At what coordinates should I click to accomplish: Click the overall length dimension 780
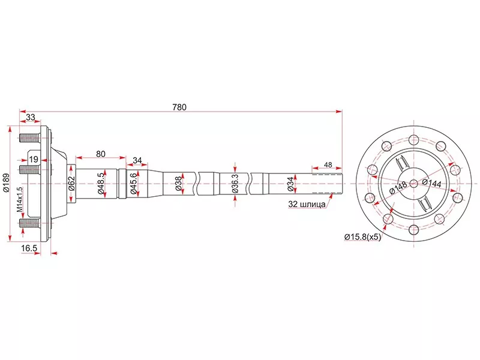pyautogui.click(x=179, y=107)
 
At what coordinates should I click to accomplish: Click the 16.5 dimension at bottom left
pyautogui.click(x=30, y=247)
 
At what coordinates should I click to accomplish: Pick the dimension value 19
pyautogui.click(x=34, y=159)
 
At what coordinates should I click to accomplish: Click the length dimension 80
pyautogui.click(x=100, y=154)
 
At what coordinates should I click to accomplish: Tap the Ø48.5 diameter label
pyautogui.click(x=101, y=183)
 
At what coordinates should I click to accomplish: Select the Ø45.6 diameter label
pyautogui.click(x=136, y=183)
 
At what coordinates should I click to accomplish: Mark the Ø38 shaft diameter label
pyautogui.click(x=178, y=183)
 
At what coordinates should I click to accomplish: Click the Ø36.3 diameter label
pyautogui.click(x=235, y=184)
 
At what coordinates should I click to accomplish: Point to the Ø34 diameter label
pyautogui.click(x=290, y=183)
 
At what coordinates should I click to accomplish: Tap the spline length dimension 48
pyautogui.click(x=328, y=164)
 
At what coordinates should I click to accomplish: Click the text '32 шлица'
pyautogui.click(x=307, y=204)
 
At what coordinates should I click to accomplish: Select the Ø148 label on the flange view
pyautogui.click(x=398, y=187)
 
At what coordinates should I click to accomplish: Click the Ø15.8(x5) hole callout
pyautogui.click(x=362, y=236)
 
